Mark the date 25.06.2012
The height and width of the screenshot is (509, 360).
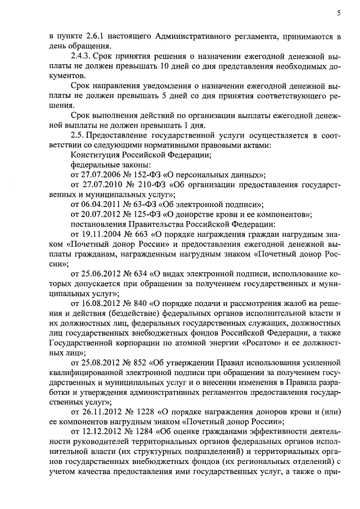(101, 273)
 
